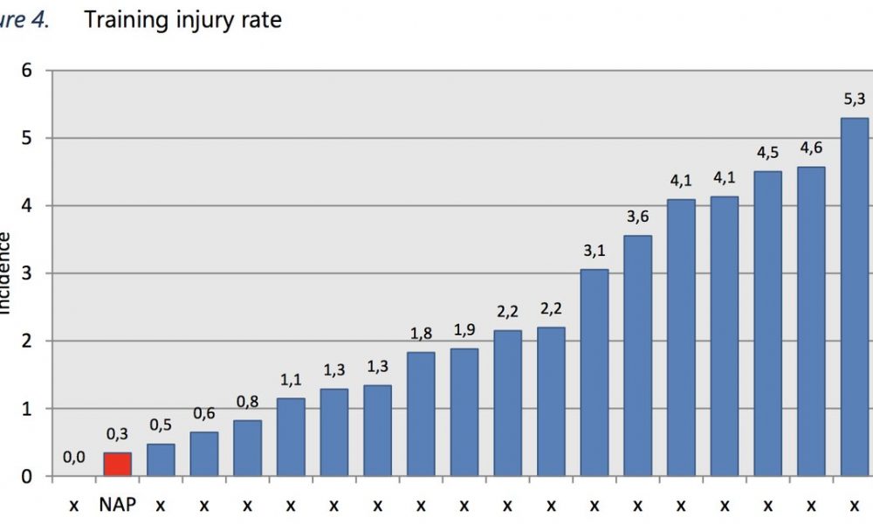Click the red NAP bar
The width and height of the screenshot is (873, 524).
(x=117, y=464)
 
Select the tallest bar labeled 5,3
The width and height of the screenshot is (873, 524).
(x=854, y=297)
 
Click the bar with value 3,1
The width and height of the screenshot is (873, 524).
(x=594, y=373)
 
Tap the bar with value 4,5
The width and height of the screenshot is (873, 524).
(x=767, y=324)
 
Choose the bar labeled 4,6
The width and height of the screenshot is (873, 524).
(x=811, y=321)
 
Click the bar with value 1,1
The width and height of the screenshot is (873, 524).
(x=291, y=437)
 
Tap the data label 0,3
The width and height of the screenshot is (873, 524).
(x=117, y=434)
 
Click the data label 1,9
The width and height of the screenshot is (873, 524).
(x=464, y=330)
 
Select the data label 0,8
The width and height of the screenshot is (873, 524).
(x=247, y=403)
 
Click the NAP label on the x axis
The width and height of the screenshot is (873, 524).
(x=117, y=505)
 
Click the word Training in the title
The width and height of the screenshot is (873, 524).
(x=123, y=19)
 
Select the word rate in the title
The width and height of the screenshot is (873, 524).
(x=262, y=19)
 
